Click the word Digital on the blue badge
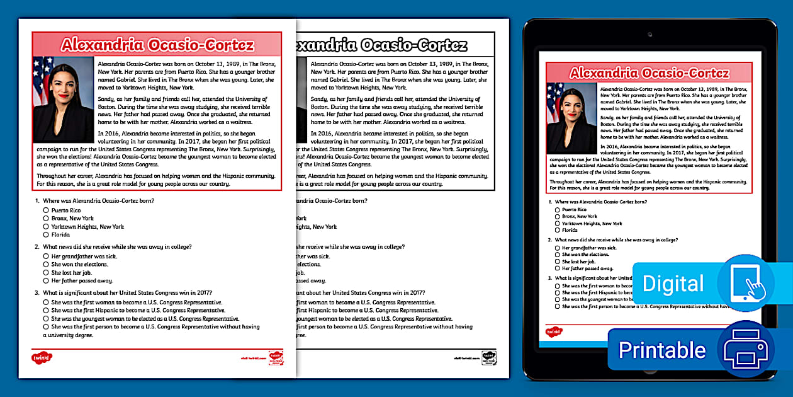pos(673,284)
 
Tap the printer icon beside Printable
pos(746,349)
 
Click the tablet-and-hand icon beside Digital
pos(745,284)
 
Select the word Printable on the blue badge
pos(662,350)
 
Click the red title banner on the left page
pos(157,45)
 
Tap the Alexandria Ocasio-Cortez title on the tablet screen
pos(649,72)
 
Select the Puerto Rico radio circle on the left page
pos(46,210)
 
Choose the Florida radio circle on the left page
pos(46,234)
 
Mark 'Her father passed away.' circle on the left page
pos(46,280)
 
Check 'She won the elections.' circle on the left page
pos(46,265)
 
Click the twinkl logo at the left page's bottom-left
pos(42,357)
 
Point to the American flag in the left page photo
pos(41,79)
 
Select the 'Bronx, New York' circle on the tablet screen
pos(557,216)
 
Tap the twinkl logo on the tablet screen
pos(554,331)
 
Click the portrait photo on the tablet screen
pos(571,118)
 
